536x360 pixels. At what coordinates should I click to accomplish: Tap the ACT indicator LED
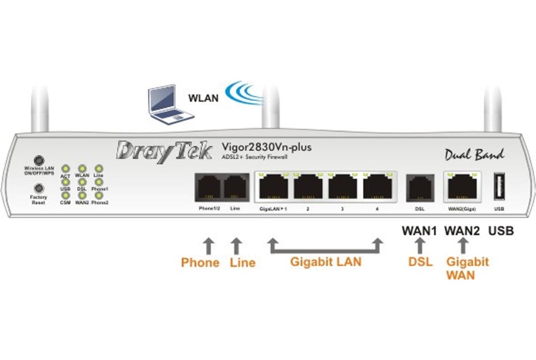[x=66, y=169]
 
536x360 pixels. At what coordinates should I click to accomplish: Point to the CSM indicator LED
[x=66, y=195]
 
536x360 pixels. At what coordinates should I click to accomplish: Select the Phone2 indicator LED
[x=99, y=195]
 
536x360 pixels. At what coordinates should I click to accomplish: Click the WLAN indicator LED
[x=82, y=169]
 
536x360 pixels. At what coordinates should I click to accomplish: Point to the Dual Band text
[x=474, y=154]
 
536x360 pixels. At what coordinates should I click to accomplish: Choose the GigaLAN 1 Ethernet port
[x=274, y=186]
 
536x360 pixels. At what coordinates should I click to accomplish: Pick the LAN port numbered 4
[x=378, y=186]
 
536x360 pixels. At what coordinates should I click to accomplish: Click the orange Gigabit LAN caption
[x=326, y=263]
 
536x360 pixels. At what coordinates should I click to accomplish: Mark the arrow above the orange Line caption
[x=235, y=246]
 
